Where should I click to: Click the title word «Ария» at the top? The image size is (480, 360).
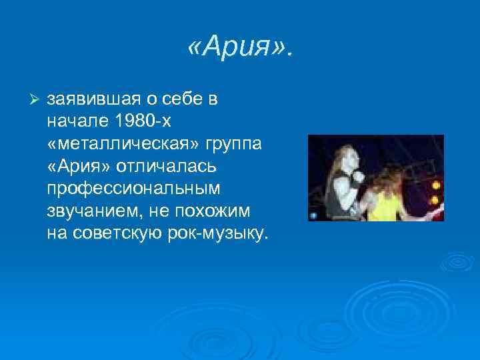click(240, 47)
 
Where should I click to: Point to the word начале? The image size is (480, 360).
click(75, 121)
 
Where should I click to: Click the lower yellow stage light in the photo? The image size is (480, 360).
click(435, 199)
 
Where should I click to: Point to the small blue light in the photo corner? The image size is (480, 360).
click(313, 216)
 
